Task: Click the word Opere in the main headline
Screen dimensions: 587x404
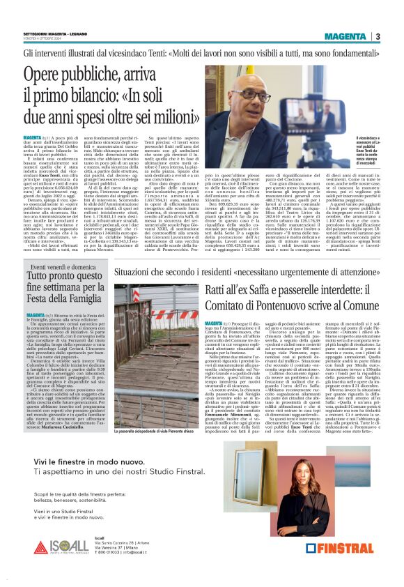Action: point(47,74)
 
